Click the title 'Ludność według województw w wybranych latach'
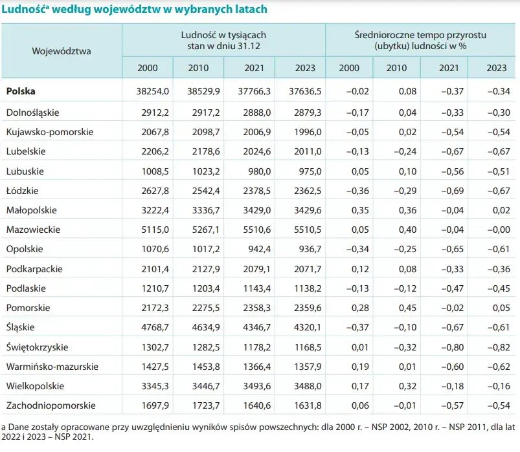tap(134, 10)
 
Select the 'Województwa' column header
tap(62, 50)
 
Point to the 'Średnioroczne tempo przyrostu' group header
tap(421, 35)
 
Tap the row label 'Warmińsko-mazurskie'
tap(52, 366)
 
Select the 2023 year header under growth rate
tap(496, 68)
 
